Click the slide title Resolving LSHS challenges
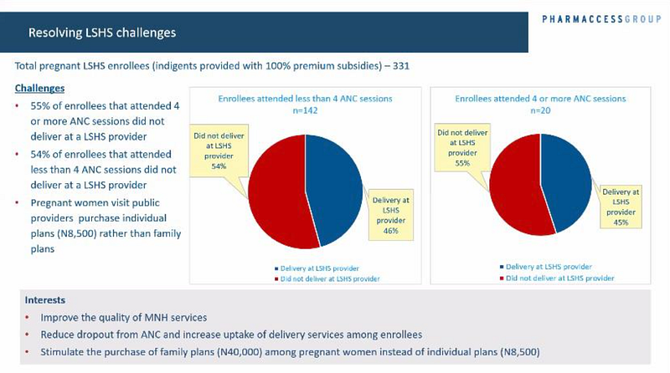pyautogui.click(x=102, y=33)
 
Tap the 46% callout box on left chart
pyautogui.click(x=391, y=212)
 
